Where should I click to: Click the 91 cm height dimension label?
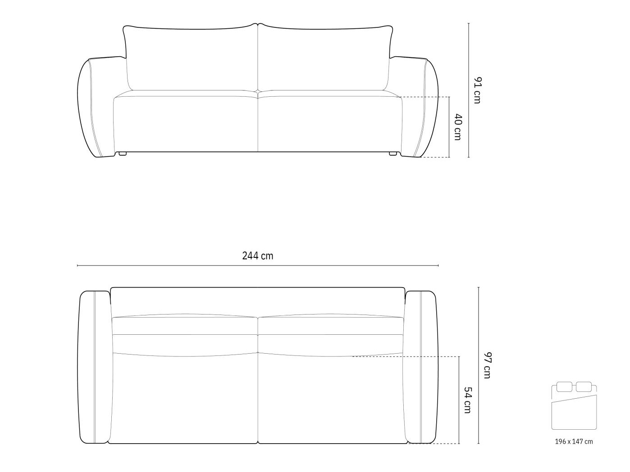click(x=477, y=90)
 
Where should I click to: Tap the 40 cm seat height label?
click(x=457, y=127)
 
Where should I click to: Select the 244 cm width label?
click(x=257, y=256)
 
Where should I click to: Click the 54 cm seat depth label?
click(x=468, y=400)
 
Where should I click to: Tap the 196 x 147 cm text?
click(x=574, y=441)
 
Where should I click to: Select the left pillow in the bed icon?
click(x=564, y=387)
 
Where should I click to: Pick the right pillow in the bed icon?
click(x=584, y=387)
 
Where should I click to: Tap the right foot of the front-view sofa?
click(x=393, y=154)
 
